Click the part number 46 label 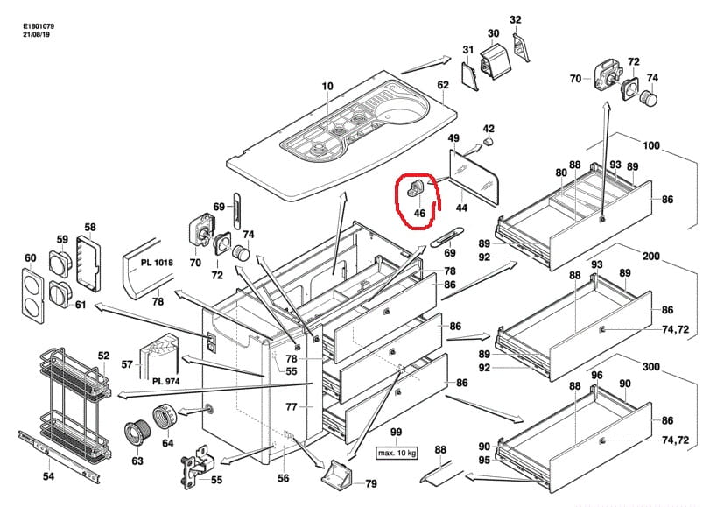click(x=419, y=213)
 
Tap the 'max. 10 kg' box click(x=397, y=453)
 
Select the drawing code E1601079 click(x=39, y=27)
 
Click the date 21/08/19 click(x=36, y=34)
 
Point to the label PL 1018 click(x=157, y=263)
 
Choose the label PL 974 click(x=166, y=381)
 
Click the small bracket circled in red click(x=416, y=188)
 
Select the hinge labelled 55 click(x=196, y=468)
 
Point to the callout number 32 click(x=516, y=19)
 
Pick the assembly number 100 click(x=651, y=145)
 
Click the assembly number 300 click(x=651, y=367)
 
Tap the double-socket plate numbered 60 click(x=33, y=296)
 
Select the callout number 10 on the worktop click(x=327, y=86)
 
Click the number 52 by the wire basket click(x=104, y=356)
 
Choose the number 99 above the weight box click(x=396, y=432)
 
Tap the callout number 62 click(x=443, y=85)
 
